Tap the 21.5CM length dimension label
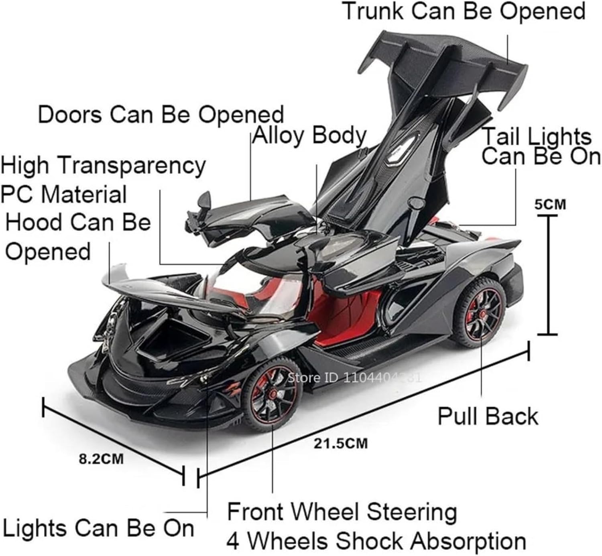(341, 443)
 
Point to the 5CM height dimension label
(550, 204)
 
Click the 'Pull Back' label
(488, 416)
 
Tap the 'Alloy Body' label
(309, 136)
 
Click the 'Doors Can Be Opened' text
(161, 115)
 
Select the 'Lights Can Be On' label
(98, 528)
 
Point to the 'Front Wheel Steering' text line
(342, 512)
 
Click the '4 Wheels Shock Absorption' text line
(376, 540)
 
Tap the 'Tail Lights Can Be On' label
(540, 146)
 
